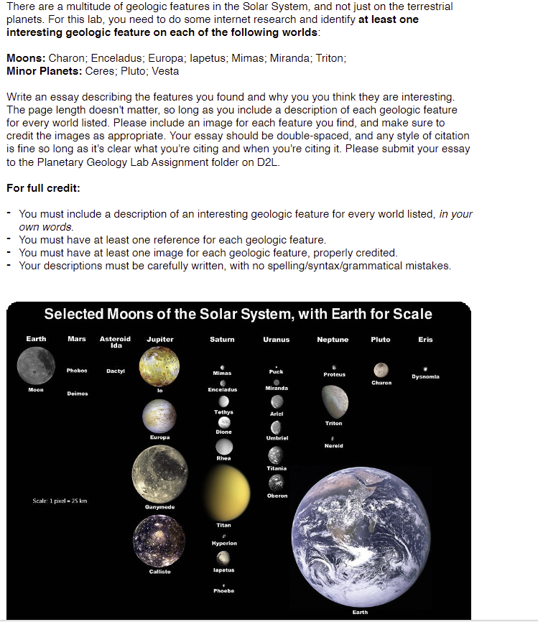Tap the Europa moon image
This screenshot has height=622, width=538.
point(159,416)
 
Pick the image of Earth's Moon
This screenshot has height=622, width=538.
point(36,364)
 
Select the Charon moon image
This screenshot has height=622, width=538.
point(381,369)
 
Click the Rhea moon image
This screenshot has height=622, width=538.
point(223,445)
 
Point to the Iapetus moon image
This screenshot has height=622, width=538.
point(223,557)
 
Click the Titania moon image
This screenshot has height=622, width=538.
point(276,455)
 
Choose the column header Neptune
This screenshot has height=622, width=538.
point(333,340)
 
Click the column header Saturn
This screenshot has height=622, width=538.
point(222,340)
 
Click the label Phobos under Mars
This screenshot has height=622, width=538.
point(77,371)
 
